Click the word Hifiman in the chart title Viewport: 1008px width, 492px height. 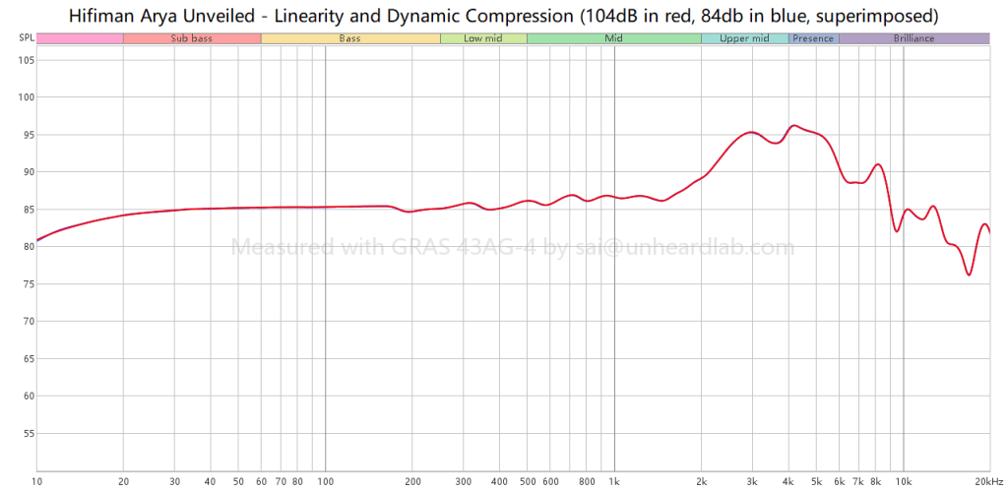(x=102, y=17)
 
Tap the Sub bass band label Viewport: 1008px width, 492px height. (x=191, y=38)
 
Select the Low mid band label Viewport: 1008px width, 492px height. (x=483, y=38)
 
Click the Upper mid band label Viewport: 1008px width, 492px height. (x=744, y=38)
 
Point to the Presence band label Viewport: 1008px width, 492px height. (x=813, y=38)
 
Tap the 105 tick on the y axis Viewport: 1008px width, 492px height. (x=26, y=60)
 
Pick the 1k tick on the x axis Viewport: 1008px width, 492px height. (x=614, y=481)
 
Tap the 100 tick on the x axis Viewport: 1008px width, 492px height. (x=325, y=481)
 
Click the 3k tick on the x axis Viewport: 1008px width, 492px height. (x=752, y=481)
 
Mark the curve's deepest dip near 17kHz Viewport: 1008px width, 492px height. (x=969, y=275)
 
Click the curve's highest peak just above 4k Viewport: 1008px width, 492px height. (x=794, y=125)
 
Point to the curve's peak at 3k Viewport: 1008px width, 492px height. (x=751, y=132)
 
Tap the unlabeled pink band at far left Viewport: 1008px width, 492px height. (x=80, y=38)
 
